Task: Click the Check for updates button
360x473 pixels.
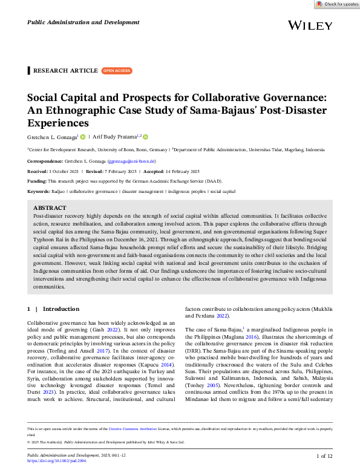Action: tap(337, 4)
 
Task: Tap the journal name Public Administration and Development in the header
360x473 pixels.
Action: tap(83, 22)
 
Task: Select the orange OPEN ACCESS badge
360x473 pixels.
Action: tap(116, 71)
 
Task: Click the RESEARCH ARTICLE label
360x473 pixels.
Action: tap(65, 71)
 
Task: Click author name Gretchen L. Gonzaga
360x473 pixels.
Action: tap(53, 137)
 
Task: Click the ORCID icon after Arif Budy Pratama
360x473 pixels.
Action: tap(146, 137)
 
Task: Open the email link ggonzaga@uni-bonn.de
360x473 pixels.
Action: tap(131, 162)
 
